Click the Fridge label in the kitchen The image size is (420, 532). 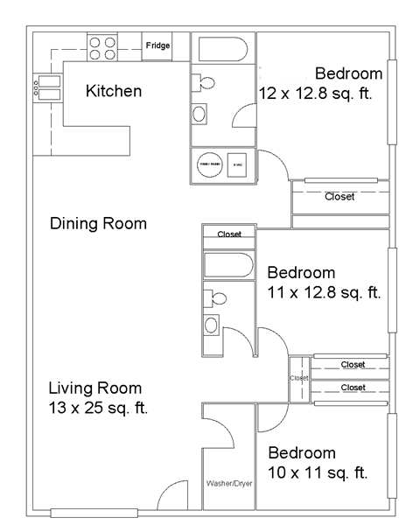coord(157,45)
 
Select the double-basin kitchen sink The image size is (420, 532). coord(47,86)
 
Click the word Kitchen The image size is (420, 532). coord(114,91)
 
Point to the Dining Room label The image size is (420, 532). coord(98,224)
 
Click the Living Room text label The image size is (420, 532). coord(94,388)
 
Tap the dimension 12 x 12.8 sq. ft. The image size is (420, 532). coord(317,94)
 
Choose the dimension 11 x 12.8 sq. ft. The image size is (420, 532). coord(325,292)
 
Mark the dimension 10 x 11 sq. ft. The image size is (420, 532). coord(317,473)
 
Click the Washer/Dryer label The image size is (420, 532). coord(229,483)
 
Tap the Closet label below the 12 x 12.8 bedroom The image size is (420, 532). coord(339,197)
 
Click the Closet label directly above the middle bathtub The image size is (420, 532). coord(229,234)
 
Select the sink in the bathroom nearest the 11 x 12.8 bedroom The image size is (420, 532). coord(212,325)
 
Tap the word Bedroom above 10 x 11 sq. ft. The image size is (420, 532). coord(302,453)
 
